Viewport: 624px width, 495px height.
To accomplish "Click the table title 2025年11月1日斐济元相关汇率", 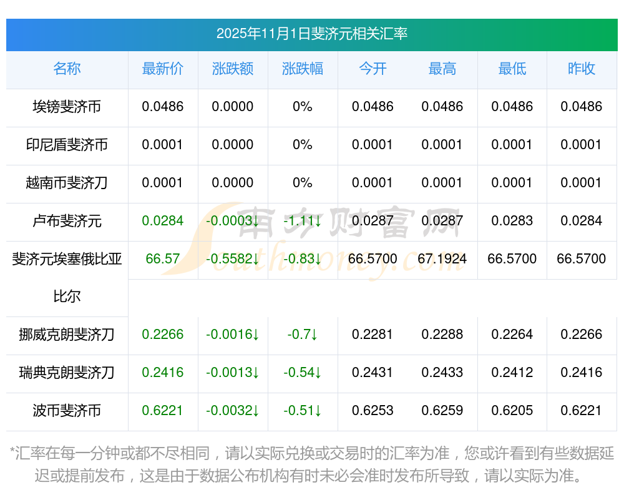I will (x=311, y=34).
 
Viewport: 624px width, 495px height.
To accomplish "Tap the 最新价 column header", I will (x=163, y=69).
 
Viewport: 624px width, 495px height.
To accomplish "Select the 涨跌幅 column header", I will (x=303, y=69).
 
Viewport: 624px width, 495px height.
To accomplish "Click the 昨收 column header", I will (x=582, y=69).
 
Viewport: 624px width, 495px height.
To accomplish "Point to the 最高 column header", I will (x=442, y=69).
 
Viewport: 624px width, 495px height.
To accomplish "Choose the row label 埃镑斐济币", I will (x=67, y=107).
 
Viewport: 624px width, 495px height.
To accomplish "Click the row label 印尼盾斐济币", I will (x=67, y=145).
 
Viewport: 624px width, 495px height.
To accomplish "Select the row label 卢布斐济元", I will (x=67, y=221).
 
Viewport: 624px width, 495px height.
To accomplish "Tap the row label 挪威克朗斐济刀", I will (x=67, y=335).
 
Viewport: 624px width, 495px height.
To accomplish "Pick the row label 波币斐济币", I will (x=67, y=411).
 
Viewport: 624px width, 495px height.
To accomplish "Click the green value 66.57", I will (x=163, y=259).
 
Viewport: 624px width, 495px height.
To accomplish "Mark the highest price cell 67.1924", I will (x=442, y=259).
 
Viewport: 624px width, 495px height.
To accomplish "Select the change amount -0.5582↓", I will (x=233, y=259).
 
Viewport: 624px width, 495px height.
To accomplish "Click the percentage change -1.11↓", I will (x=303, y=221).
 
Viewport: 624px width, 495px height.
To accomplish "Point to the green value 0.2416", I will (x=163, y=373).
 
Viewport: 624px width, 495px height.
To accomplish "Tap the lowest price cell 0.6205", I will (x=512, y=411).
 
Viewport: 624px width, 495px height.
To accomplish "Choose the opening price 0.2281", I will (x=373, y=335).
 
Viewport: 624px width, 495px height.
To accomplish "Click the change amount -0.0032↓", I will (x=233, y=411).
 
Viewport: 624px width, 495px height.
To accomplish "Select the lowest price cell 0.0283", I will (x=512, y=221).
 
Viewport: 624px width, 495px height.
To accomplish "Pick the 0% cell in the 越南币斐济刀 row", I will (x=303, y=183).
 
